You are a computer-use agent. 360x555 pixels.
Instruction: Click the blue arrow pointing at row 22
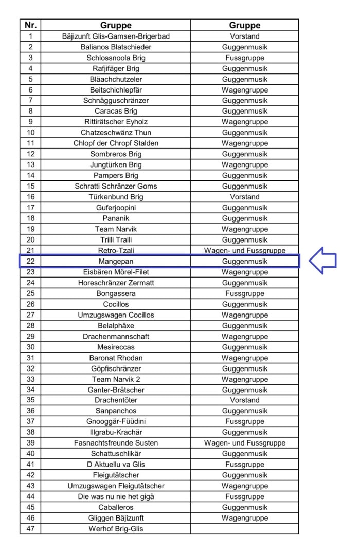[x=322, y=261]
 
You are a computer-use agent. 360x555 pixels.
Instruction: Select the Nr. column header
[x=30, y=25]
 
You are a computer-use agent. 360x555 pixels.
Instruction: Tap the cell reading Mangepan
[x=116, y=262]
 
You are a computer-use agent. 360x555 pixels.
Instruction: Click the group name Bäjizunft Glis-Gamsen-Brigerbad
[x=116, y=36]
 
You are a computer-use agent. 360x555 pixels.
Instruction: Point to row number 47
[x=30, y=529]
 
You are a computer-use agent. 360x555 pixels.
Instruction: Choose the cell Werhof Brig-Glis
[x=116, y=529]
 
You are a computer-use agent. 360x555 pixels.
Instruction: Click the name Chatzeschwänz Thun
[x=116, y=133]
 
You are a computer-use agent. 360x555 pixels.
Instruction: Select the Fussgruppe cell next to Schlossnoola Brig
[x=245, y=58]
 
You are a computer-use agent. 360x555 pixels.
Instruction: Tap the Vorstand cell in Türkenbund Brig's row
[x=245, y=197]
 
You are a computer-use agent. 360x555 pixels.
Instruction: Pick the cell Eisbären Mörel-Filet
[x=116, y=272]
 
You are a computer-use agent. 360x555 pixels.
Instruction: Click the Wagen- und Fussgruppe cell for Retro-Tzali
[x=245, y=250]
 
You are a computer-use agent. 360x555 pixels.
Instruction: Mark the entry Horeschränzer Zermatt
[x=116, y=283]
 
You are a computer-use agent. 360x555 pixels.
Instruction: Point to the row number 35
[x=30, y=400]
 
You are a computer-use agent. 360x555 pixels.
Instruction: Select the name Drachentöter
[x=116, y=400]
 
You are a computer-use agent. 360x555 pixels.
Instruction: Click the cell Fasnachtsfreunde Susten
[x=116, y=443]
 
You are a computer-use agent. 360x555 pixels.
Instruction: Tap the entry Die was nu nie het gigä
[x=116, y=496]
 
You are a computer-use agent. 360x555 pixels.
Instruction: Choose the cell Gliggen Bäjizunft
[x=116, y=518]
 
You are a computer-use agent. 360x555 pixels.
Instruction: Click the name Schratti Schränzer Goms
[x=116, y=186]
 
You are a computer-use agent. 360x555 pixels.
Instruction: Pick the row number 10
[x=30, y=133]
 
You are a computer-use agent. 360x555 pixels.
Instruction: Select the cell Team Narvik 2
[x=116, y=379]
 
